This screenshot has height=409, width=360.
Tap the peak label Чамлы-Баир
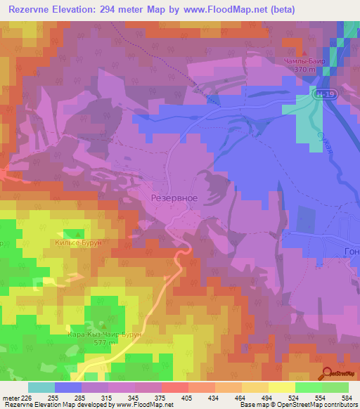(302, 61)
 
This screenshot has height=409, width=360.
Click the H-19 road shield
(323, 93)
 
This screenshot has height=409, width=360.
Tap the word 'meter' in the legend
(10, 397)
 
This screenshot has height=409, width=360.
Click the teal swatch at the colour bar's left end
(41, 387)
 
